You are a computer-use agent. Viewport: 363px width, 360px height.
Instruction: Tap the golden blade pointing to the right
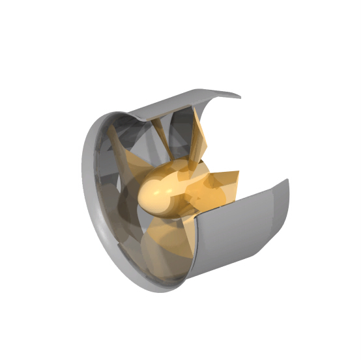click(x=218, y=186)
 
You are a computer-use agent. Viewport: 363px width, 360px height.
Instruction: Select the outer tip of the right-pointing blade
click(x=237, y=174)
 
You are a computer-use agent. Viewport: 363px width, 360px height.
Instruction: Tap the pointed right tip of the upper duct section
click(x=239, y=97)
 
